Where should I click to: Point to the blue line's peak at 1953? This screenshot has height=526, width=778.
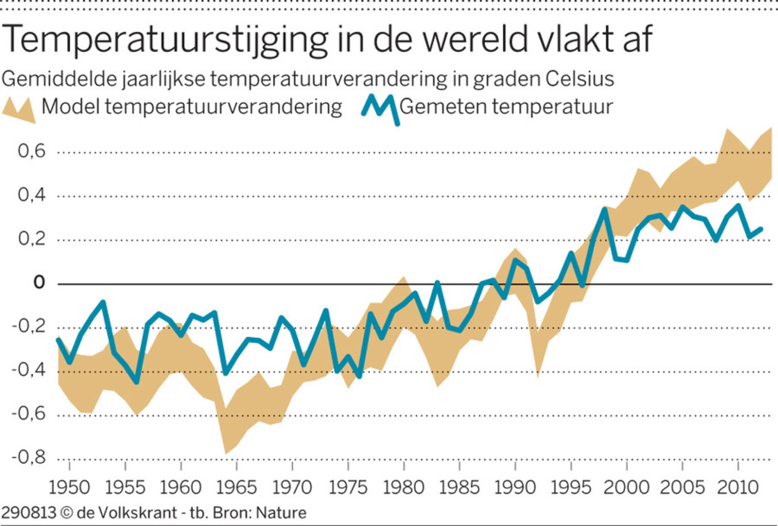pyautogui.click(x=103, y=303)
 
